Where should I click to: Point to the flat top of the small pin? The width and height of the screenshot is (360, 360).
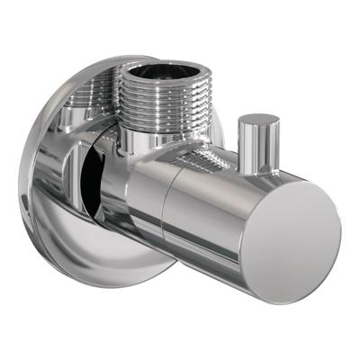259,119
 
